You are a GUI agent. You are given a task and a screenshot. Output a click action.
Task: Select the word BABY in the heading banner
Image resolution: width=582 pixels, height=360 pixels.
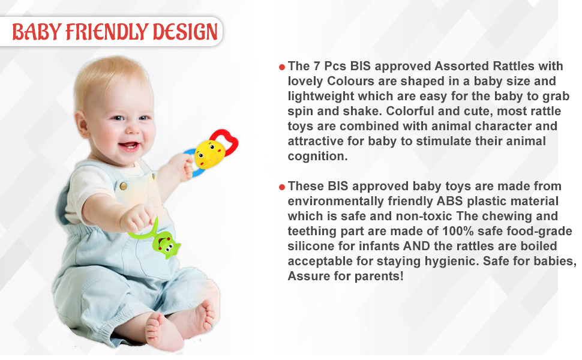36,32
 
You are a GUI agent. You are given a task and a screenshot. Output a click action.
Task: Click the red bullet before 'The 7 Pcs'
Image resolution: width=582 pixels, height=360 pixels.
281,67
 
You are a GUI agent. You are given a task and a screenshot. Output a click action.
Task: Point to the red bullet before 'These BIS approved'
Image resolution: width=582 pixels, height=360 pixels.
281,187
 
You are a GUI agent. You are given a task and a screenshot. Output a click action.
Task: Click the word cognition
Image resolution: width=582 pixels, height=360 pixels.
317,156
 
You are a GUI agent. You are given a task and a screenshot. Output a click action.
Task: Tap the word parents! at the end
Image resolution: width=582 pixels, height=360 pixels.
379,276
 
